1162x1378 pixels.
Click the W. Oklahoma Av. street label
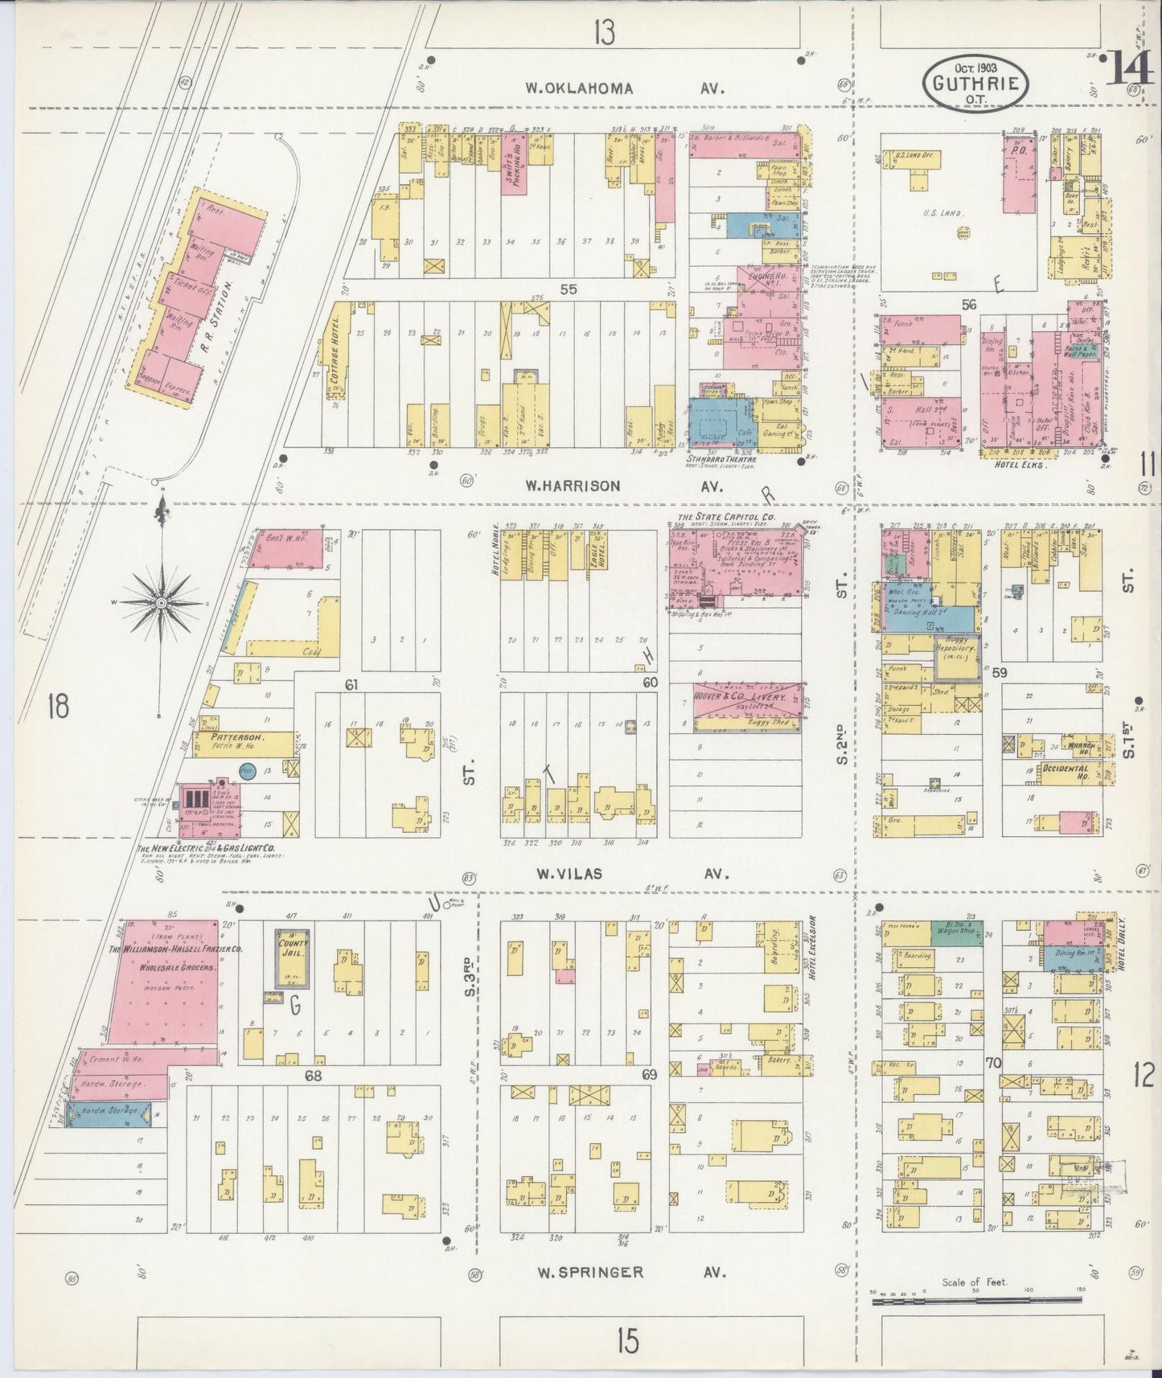(x=625, y=88)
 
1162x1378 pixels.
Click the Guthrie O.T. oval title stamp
(x=975, y=82)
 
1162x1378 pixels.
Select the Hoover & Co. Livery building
(x=748, y=707)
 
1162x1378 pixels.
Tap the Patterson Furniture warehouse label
(x=234, y=740)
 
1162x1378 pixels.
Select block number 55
(x=569, y=289)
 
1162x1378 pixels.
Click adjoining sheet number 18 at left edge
(x=58, y=707)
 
